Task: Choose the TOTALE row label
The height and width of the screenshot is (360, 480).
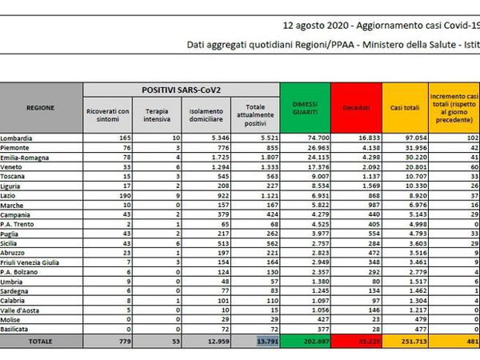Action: pyautogui.click(x=41, y=340)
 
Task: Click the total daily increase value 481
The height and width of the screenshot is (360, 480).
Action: pyautogui.click(x=470, y=340)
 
